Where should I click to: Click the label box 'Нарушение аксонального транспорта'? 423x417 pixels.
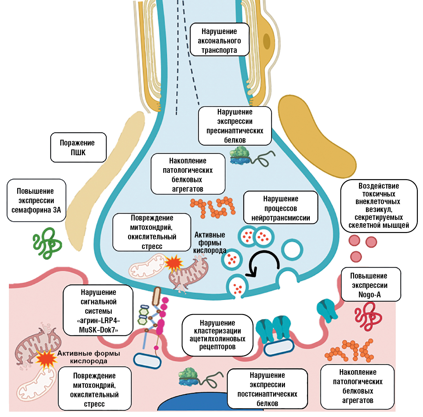click(x=219, y=40)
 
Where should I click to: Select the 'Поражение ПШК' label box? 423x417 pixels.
click(x=78, y=147)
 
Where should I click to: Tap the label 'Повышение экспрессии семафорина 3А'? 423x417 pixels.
click(x=36, y=200)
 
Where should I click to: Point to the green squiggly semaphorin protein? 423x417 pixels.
click(x=47, y=243)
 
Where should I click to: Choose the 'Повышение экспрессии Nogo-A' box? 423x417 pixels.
click(x=371, y=285)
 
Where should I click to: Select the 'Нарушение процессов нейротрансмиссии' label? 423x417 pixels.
click(x=281, y=208)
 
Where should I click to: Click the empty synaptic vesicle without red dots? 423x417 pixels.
click(x=292, y=250)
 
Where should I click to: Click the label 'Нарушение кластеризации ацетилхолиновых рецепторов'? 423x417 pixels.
click(x=217, y=335)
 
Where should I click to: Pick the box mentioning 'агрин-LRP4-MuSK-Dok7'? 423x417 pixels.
click(x=98, y=310)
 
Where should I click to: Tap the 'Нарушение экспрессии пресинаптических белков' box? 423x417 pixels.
click(x=235, y=126)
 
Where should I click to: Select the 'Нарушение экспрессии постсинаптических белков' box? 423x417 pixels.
click(x=267, y=389)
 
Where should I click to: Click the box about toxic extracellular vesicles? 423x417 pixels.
click(x=379, y=206)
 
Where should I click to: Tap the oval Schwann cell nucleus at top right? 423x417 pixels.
click(x=266, y=41)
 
